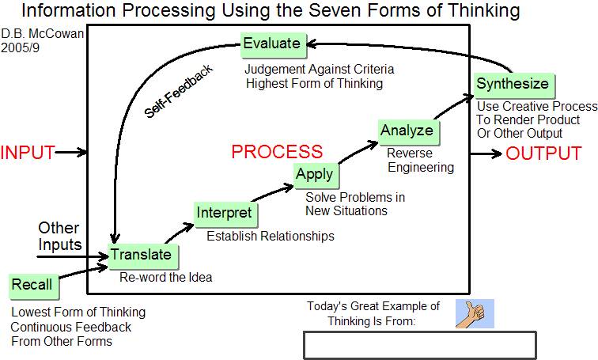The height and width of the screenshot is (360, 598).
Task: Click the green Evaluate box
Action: [274, 45]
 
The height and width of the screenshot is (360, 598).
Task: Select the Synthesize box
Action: [514, 85]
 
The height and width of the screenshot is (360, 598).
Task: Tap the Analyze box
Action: [409, 132]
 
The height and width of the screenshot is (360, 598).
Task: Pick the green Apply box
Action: [316, 176]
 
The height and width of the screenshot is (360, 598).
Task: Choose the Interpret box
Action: [225, 214]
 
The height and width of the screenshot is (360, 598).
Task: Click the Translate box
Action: [143, 256]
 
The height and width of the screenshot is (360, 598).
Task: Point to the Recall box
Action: [34, 286]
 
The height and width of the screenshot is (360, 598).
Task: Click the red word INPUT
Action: [28, 153]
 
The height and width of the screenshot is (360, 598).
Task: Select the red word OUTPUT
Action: [543, 153]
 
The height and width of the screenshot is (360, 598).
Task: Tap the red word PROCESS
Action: [277, 151]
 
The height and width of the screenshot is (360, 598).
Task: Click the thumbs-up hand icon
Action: [475, 313]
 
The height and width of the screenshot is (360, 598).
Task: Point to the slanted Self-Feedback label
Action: [179, 92]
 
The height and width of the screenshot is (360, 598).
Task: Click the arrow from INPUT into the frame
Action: [71, 153]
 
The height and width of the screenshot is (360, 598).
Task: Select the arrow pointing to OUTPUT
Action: [486, 153]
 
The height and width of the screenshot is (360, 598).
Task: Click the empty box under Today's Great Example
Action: [420, 345]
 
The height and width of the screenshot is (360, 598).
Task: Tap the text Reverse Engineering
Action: [420, 160]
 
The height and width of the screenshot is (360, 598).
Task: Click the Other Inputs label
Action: [60, 236]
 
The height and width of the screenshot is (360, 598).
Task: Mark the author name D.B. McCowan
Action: [43, 33]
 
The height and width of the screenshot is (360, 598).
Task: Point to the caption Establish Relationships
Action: [271, 236]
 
